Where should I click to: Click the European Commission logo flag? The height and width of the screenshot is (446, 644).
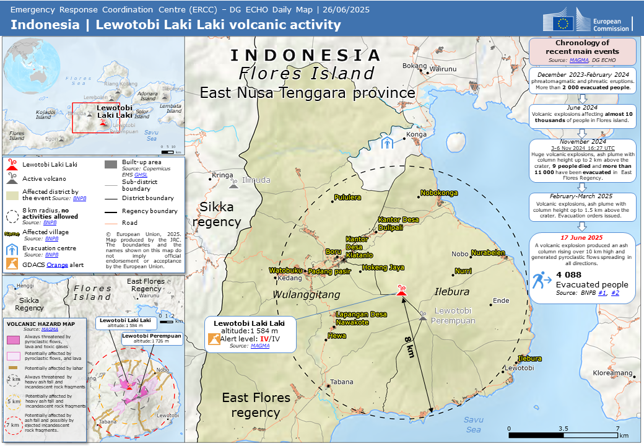(563, 24)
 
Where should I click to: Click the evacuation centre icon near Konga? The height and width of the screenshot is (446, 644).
(387, 143)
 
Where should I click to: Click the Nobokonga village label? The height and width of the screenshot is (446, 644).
(439, 193)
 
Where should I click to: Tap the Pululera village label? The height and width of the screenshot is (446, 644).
(347, 198)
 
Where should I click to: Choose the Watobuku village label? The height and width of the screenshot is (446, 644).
(285, 270)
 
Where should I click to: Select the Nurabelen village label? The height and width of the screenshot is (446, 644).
(488, 253)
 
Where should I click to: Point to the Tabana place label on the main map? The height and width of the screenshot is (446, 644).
(341, 382)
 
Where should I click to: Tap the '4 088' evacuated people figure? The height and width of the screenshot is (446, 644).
(568, 274)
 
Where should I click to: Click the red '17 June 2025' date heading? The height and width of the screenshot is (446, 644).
(582, 237)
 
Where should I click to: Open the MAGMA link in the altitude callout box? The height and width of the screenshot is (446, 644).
(260, 346)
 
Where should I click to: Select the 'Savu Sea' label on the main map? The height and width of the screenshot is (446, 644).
(473, 424)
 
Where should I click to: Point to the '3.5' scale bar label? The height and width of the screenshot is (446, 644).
(563, 428)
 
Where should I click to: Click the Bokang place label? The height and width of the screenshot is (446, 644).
(414, 66)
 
